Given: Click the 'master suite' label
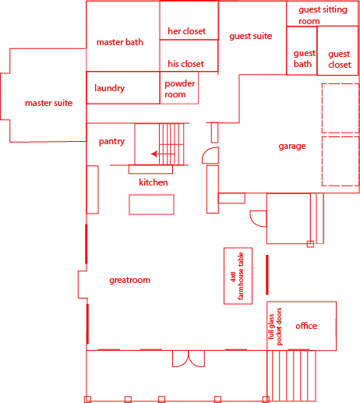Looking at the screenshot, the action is click(x=48, y=103).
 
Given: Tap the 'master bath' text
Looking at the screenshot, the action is click(x=120, y=42).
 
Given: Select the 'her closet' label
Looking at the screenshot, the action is click(x=186, y=31).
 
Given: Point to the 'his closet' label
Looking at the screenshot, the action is click(x=185, y=64).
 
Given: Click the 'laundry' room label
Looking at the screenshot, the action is click(x=109, y=88).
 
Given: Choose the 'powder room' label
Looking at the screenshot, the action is click(x=179, y=89).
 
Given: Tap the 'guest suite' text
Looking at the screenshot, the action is click(x=251, y=36).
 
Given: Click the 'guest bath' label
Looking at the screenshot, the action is click(x=304, y=58).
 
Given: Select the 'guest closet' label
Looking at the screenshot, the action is click(x=339, y=59).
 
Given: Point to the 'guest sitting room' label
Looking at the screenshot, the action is click(x=323, y=16).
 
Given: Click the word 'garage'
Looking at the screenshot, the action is click(x=292, y=147).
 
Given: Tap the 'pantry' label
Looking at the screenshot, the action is click(x=111, y=142).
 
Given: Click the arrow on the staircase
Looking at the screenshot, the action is click(x=163, y=154).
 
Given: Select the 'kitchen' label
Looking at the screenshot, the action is click(x=154, y=182).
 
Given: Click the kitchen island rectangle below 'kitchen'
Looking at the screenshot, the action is click(x=151, y=204).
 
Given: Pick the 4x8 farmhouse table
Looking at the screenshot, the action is click(x=238, y=276).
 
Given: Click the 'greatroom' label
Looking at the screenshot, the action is click(x=129, y=280).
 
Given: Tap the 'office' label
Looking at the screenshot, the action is click(x=306, y=326).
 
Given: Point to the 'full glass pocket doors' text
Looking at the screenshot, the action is click(x=275, y=327).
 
